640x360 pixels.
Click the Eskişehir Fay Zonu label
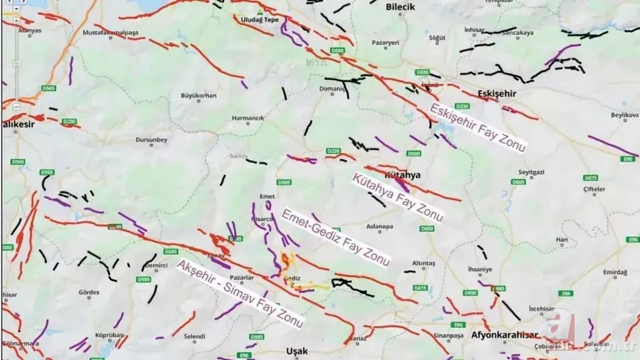coord(477,127)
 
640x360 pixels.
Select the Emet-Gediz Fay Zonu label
coord(336,238)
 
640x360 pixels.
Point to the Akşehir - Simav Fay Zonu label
coord(240,294)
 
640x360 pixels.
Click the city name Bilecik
coord(399,6)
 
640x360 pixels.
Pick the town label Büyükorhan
coord(198,95)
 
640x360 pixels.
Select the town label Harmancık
coord(248,117)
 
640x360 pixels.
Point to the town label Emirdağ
coord(594,272)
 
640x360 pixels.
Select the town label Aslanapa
coord(379,226)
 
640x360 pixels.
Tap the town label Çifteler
coord(594,189)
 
